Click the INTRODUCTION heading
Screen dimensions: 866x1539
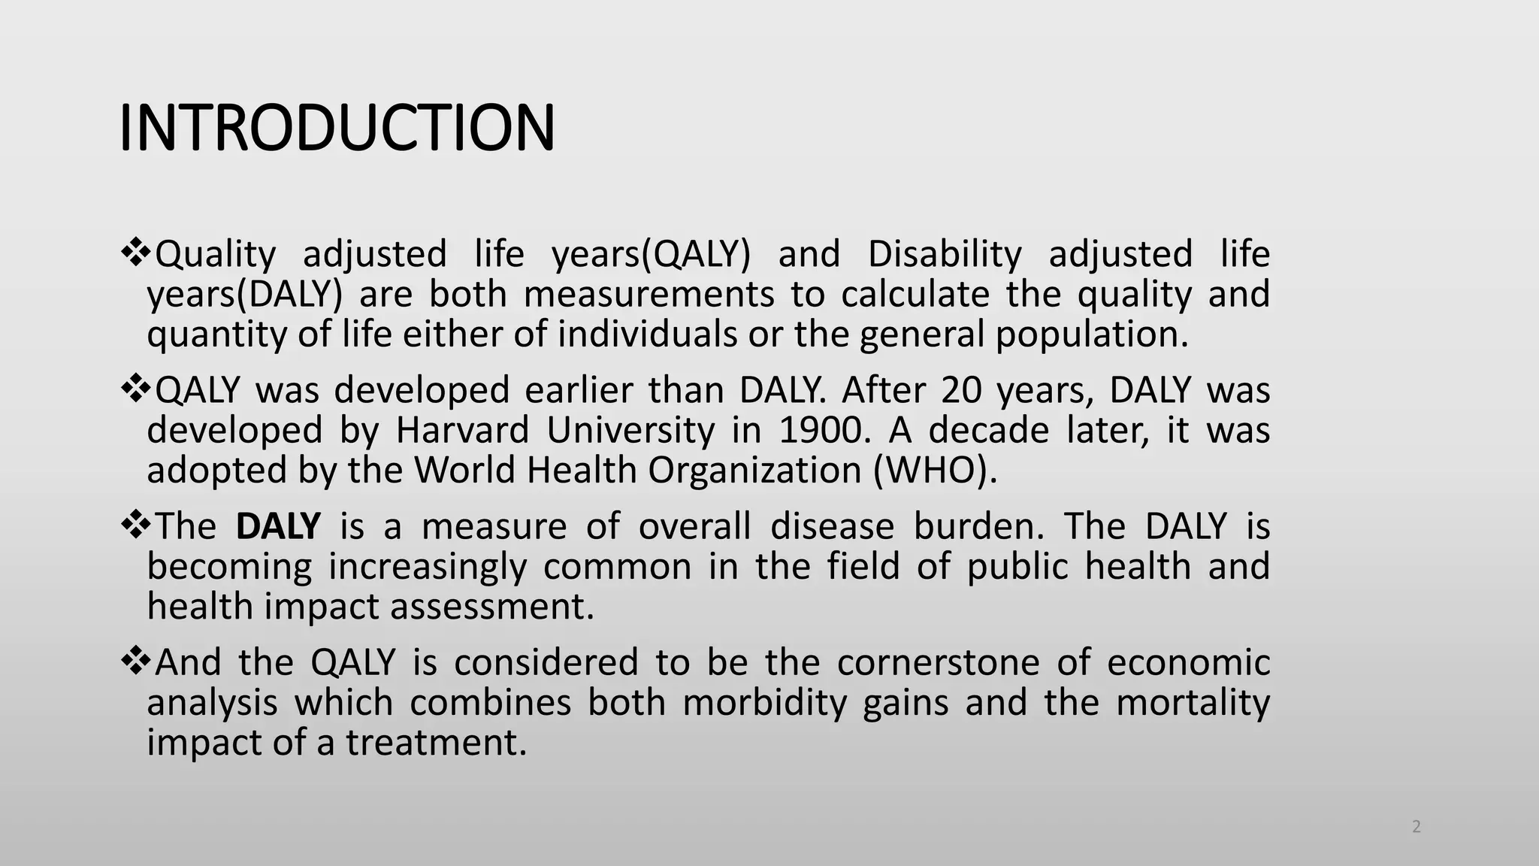[337, 128]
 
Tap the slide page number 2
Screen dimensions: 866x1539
[1417, 828]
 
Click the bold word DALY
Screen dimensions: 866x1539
[278, 525]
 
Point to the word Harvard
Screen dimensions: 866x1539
[462, 431]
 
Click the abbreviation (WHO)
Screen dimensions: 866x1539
[936, 471]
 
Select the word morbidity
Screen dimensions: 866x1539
[764, 703]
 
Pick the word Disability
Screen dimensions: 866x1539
[945, 254]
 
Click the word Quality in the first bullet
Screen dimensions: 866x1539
[216, 254]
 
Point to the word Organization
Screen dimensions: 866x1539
[754, 471]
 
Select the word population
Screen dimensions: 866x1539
[1092, 334]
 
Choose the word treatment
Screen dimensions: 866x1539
[437, 743]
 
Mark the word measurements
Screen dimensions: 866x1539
[649, 294]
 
